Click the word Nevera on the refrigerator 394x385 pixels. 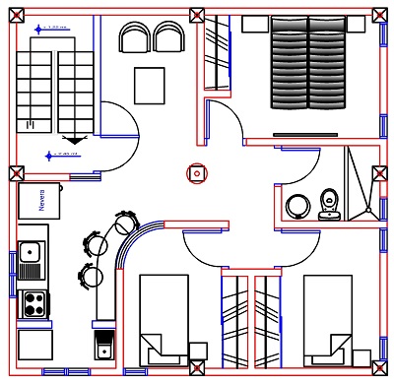pos(42,200)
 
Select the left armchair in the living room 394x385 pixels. pos(134,38)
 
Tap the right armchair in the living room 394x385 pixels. pos(167,38)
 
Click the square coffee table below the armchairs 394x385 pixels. pos(150,86)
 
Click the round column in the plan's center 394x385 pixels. pos(197,173)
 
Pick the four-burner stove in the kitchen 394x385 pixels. pos(33,302)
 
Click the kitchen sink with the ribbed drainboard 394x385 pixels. pos(32,259)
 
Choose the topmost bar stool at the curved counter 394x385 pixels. pos(126,222)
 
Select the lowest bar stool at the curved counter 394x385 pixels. pos(93,276)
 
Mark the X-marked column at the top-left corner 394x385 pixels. pos(16,16)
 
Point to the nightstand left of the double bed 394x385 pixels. pos(253,24)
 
